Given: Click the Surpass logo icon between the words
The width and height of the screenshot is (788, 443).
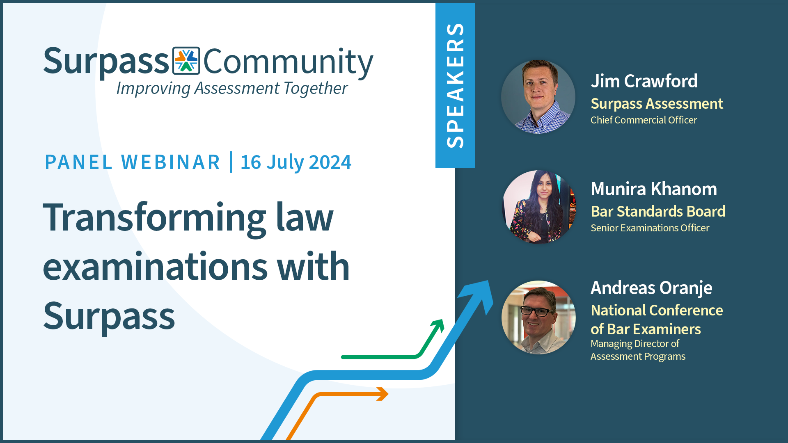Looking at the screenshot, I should [x=186, y=61].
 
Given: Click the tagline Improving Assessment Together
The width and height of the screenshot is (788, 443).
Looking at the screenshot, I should [x=232, y=88].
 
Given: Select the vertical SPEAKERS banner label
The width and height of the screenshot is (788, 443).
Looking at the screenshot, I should [x=455, y=85].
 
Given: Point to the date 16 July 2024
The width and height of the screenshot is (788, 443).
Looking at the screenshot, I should [x=296, y=162].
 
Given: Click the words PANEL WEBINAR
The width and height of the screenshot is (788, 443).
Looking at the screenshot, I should [x=133, y=162].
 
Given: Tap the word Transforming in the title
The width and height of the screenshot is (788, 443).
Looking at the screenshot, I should [x=154, y=217].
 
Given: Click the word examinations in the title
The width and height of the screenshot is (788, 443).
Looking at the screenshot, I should [x=155, y=267].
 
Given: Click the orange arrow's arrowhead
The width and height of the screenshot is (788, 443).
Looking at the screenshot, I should [x=383, y=394].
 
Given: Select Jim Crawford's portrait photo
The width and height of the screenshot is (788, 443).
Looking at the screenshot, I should [x=538, y=97].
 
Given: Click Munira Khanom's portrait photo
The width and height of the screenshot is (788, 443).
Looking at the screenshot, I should [x=538, y=207].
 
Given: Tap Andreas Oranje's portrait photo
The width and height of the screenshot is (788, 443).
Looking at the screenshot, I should [x=538, y=317].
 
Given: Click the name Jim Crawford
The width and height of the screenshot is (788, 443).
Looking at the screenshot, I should [x=644, y=81].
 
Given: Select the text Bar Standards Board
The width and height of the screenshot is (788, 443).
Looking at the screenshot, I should [x=658, y=212].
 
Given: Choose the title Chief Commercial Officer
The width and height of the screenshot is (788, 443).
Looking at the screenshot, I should [x=644, y=120].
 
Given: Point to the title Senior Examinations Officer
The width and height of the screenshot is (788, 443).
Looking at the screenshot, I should [x=650, y=228].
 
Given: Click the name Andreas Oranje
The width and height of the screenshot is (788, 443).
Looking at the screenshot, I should [x=651, y=288].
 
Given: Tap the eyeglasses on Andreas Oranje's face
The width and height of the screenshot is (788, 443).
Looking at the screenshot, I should [x=537, y=312].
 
